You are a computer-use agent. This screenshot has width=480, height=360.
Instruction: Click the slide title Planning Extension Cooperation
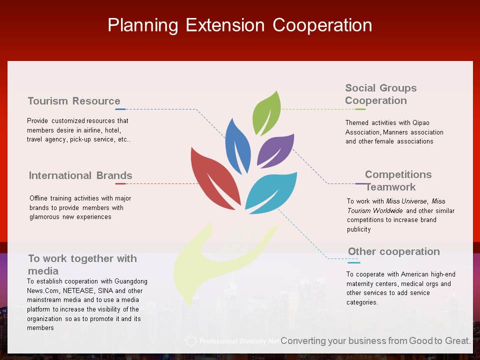[239, 25]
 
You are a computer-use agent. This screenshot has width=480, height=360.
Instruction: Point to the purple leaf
[275, 150]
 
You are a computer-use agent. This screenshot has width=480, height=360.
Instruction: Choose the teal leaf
[270, 193]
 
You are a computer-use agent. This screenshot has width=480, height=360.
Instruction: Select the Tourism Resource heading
[74, 100]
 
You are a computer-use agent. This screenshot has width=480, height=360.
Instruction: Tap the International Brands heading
[80, 175]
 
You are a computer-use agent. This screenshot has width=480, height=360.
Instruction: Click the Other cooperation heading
[394, 251]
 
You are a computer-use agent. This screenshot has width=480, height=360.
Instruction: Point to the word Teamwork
[390, 186]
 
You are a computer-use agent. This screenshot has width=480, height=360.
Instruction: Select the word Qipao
[421, 123]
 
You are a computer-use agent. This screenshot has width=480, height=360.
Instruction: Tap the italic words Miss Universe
[406, 201]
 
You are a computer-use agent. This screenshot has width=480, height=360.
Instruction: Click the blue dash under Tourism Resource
[120, 109]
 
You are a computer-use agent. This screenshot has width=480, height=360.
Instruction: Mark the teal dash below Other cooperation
[354, 262]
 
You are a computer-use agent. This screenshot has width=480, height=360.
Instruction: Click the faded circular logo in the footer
[190, 341]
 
